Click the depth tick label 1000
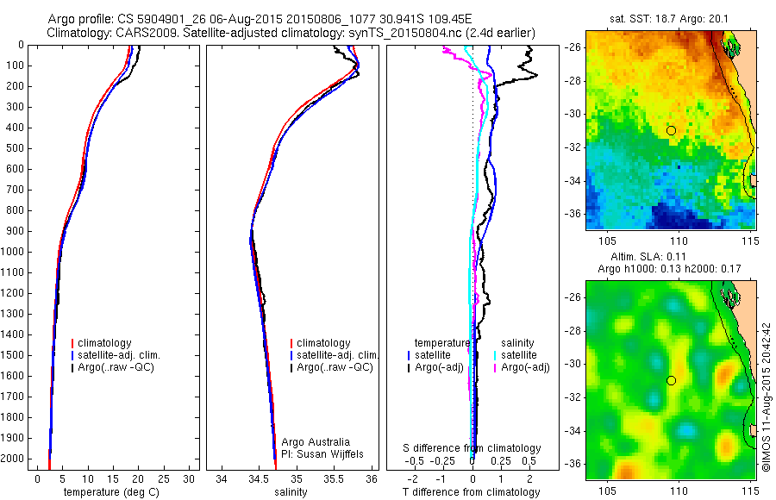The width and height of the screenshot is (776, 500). click(x=14, y=252)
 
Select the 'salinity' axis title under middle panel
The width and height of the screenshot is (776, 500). click(x=289, y=492)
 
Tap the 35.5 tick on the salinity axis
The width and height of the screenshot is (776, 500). click(x=334, y=478)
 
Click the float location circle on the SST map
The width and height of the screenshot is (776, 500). click(x=671, y=130)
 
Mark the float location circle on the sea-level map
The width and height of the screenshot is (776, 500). click(x=671, y=380)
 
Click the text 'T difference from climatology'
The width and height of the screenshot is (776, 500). click(x=471, y=492)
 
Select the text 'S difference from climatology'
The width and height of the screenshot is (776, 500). click(x=472, y=448)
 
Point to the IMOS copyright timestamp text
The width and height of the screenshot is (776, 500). click(x=765, y=397)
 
